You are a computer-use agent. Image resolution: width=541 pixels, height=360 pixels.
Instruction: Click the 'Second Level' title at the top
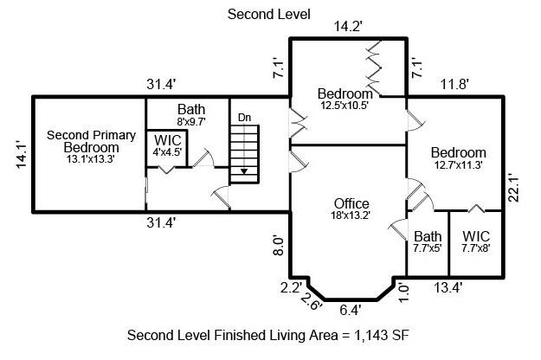point(268,14)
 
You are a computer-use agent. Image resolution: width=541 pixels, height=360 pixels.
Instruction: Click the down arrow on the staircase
point(244,171)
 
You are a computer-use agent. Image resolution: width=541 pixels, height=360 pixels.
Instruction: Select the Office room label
point(351,204)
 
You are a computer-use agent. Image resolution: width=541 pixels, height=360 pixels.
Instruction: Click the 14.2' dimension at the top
point(348,28)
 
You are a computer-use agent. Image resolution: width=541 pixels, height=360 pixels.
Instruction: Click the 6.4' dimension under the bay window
point(350,308)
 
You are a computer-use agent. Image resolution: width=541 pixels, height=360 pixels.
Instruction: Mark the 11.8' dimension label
point(454,85)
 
